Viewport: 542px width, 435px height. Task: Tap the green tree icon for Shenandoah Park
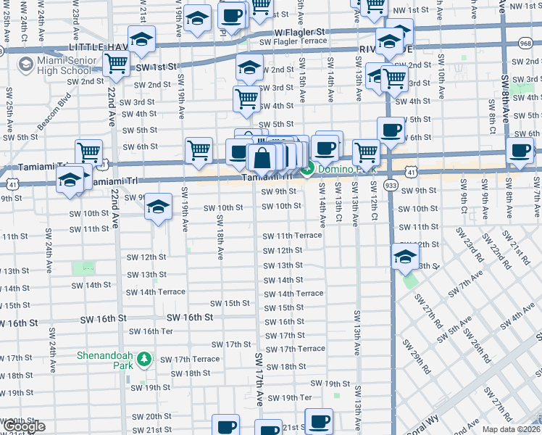coord(145,359)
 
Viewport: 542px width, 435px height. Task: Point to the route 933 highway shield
coord(391,184)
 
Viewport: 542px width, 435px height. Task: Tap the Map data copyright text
coord(512,428)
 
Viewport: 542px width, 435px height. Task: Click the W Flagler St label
coord(299,33)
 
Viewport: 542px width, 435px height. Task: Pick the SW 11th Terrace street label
coord(292,236)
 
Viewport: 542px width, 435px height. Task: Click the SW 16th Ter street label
coord(151,331)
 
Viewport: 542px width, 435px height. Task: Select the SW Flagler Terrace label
coord(298,41)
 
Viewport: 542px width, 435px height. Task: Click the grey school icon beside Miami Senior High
coord(26,64)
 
